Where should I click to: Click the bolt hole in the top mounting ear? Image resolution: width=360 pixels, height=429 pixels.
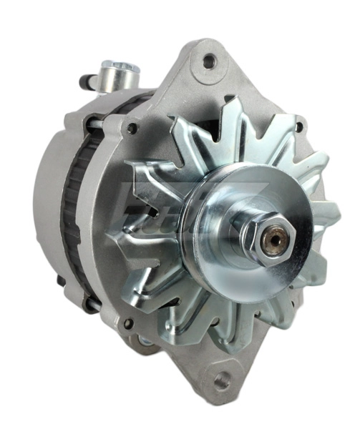tap(209, 61)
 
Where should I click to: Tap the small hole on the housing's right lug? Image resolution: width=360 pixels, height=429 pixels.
tap(298, 128)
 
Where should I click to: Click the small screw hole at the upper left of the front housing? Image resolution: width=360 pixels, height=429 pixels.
tap(132, 129)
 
